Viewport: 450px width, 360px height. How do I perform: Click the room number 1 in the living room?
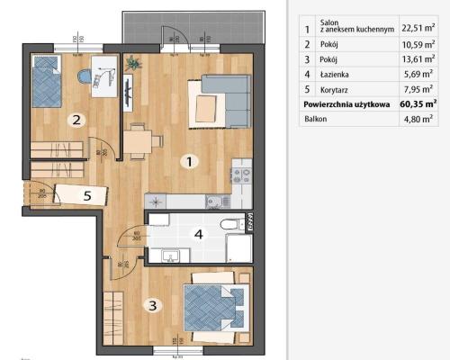click(x=189, y=162)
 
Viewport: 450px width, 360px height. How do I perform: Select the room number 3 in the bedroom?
click(x=153, y=306)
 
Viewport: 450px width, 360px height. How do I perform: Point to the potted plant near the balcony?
click(x=134, y=63)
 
